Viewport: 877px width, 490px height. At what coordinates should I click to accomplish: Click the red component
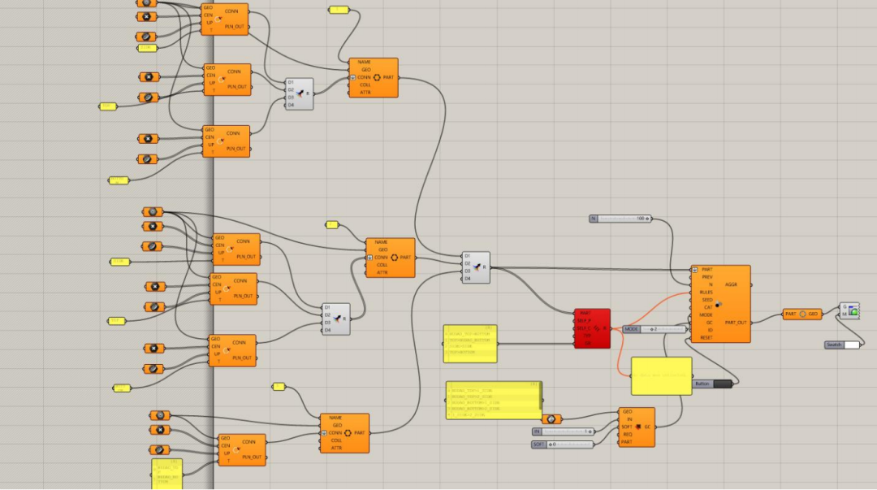coord(592,328)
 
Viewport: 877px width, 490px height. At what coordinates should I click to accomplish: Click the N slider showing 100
coord(621,219)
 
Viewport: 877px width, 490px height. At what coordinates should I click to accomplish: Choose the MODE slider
coord(655,329)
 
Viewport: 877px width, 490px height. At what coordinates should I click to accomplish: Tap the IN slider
coord(564,431)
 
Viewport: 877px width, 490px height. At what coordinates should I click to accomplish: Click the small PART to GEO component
coord(801,314)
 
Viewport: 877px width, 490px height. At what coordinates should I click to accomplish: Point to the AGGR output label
coord(731,285)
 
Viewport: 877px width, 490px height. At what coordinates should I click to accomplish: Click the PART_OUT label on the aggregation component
coord(736,322)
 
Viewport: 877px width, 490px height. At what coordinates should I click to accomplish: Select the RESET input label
coord(706,337)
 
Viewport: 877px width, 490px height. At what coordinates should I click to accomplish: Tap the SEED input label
coord(706,299)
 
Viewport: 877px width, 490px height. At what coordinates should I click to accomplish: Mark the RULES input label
coord(706,292)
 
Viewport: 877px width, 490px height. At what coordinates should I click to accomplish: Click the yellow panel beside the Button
coord(661,376)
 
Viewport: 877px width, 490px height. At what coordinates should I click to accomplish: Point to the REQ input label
coord(627,434)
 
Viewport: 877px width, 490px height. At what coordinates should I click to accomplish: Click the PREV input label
coord(707,277)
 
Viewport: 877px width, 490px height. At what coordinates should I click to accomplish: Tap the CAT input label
coord(708,307)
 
